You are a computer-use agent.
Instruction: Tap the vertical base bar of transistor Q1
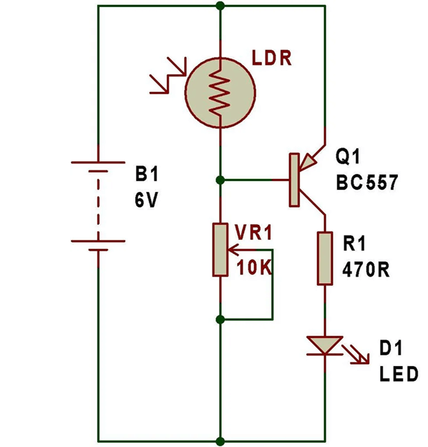[x=293, y=180]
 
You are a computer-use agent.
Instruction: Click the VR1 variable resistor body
[x=220, y=249]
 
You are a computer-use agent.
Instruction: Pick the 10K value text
[x=254, y=269]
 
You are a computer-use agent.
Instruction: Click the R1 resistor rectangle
[x=325, y=258]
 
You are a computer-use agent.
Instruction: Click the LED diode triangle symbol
[x=325, y=345]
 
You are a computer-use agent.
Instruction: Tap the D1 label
[x=391, y=349]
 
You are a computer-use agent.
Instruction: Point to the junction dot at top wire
[x=220, y=6]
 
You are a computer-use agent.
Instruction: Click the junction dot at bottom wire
[x=220, y=440]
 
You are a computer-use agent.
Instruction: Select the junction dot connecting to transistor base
[x=220, y=180]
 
